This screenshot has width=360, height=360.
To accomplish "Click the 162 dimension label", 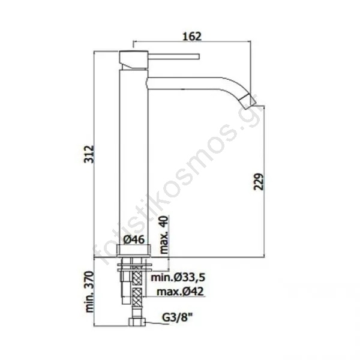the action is point(192,36).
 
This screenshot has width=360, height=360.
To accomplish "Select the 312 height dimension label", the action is point(89,154).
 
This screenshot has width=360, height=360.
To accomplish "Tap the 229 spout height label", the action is point(259,182).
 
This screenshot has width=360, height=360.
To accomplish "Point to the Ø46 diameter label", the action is point(134,240).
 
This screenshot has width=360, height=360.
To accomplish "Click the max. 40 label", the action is point(164,235).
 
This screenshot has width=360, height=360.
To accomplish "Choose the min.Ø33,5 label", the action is point(178,278).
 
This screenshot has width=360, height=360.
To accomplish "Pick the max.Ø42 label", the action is point(180,292).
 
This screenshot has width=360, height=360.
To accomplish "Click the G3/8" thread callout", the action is point(177,318).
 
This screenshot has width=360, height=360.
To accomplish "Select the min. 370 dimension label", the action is point(89,292).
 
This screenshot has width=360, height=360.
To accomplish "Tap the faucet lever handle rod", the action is point(173,56).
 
